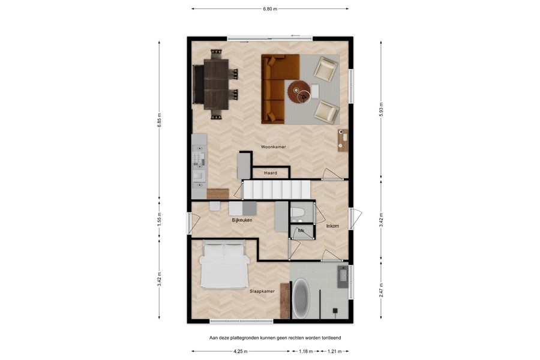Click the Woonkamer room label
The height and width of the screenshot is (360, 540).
coord(274,146)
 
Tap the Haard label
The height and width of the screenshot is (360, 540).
coord(271,173)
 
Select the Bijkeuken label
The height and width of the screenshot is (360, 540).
coord(242,220)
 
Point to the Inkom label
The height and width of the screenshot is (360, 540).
coord(332,226)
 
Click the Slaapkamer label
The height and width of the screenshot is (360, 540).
coord(262,291)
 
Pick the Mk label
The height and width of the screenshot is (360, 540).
coord(301,230)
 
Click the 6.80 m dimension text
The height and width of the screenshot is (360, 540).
coord(271,9)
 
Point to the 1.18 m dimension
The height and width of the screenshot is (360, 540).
coord(307,352)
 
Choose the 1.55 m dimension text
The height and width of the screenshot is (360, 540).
coord(160,218)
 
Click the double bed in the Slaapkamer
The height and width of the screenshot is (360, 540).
coord(224,265)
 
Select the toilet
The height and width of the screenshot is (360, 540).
coord(298,212)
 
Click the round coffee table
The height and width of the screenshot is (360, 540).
coord(298,92)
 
